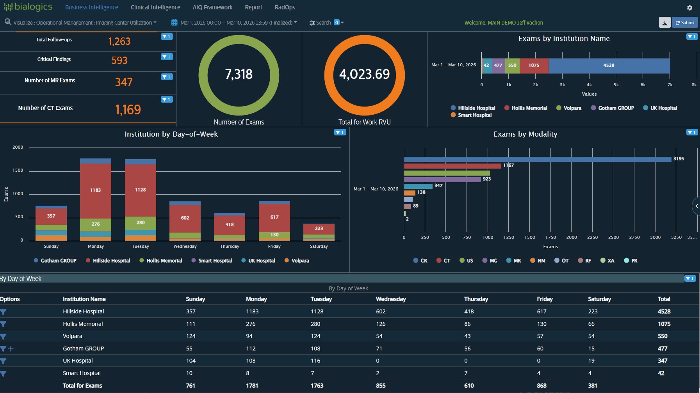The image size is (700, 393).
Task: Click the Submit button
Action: (x=685, y=23)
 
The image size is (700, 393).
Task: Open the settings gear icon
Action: (x=689, y=8)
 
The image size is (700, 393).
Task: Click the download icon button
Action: (x=664, y=23)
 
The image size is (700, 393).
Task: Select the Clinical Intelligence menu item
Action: (x=155, y=7)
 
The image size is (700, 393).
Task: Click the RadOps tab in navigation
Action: (x=285, y=7)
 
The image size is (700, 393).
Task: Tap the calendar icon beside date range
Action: (x=175, y=23)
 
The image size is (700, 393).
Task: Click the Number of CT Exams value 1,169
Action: (x=128, y=110)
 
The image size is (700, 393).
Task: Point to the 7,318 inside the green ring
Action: (x=239, y=74)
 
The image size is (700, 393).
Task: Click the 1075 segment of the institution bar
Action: (x=534, y=66)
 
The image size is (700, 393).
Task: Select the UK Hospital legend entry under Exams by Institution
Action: (x=663, y=108)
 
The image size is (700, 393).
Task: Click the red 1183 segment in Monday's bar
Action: (x=96, y=190)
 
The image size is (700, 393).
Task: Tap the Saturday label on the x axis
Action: (x=319, y=246)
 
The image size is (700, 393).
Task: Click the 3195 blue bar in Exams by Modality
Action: (x=537, y=159)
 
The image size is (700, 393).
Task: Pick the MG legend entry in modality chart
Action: (x=493, y=261)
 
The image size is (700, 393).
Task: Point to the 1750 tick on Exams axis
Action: (x=550, y=237)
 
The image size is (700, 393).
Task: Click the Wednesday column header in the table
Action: (x=390, y=299)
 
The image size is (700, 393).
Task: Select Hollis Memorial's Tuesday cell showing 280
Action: (x=315, y=324)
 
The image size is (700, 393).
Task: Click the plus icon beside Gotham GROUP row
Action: (x=11, y=349)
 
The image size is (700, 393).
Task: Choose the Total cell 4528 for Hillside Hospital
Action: (x=664, y=311)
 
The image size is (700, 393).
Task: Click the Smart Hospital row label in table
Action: (x=82, y=373)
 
